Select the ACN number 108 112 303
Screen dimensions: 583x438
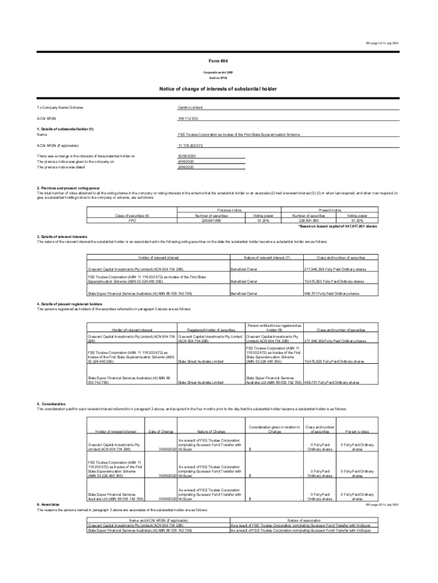point(187,118)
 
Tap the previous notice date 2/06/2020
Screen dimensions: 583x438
point(186,167)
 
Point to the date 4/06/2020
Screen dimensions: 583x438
point(186,162)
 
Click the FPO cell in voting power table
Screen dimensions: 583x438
point(131,221)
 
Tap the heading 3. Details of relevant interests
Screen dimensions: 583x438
point(61,236)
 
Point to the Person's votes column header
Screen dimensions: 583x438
point(357,431)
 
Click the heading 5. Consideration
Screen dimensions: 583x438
point(51,404)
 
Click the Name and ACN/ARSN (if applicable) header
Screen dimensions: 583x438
point(159,520)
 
